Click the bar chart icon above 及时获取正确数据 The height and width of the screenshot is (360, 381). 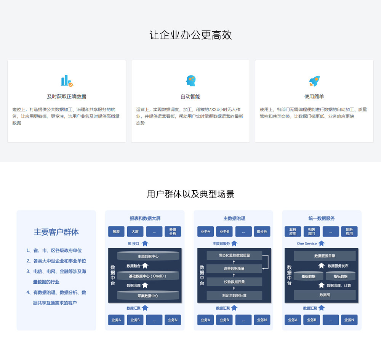[67, 80]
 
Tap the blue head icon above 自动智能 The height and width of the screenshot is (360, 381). [191, 80]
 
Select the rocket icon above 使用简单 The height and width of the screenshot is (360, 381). [314, 81]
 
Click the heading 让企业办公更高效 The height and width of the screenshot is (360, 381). [190, 35]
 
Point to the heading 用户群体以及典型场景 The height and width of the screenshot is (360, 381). [190, 194]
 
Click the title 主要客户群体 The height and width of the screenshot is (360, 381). [56, 232]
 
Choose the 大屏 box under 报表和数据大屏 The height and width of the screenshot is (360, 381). [135, 231]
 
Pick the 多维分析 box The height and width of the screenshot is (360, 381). [173, 231]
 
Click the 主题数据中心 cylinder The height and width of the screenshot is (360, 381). [148, 256]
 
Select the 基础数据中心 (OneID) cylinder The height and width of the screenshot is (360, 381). [148, 276]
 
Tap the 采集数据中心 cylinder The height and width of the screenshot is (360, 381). [148, 296]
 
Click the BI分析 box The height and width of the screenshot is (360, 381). [262, 231]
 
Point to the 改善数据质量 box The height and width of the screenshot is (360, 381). [234, 268]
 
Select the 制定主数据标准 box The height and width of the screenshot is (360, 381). [234, 295]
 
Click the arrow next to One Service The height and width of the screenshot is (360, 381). [322, 243]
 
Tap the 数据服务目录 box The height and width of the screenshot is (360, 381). [325, 256]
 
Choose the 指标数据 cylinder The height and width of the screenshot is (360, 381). [340, 276]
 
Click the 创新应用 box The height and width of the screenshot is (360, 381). [349, 231]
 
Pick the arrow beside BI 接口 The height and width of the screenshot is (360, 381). [145, 243]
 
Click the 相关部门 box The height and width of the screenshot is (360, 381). [312, 231]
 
